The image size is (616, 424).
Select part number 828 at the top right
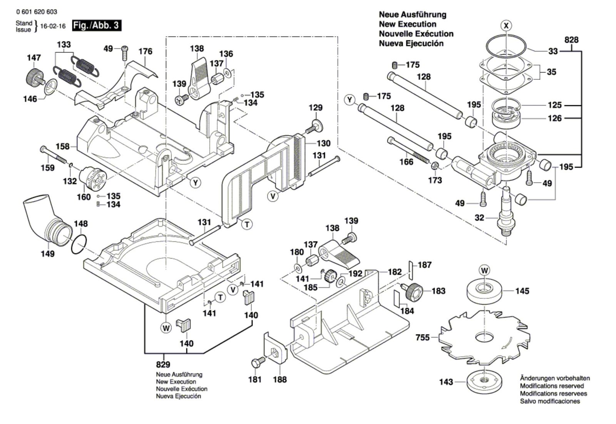(x=571, y=40)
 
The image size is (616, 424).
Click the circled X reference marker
(x=507, y=26)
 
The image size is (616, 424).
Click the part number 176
(x=145, y=51)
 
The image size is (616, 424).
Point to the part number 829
(x=163, y=364)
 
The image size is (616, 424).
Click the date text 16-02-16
(x=53, y=26)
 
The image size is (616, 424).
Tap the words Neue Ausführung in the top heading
(x=407, y=15)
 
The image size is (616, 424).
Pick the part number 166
(x=406, y=162)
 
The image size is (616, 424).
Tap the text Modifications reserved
(x=552, y=386)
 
